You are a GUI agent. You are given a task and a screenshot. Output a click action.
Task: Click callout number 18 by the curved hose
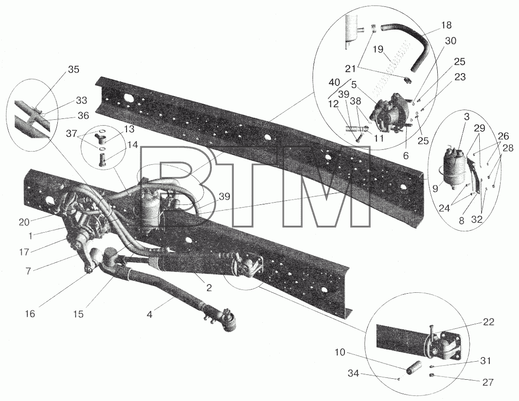(446, 25)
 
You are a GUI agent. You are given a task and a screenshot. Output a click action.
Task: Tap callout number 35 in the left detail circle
(73, 70)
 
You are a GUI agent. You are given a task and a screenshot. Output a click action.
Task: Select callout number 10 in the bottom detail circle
(340, 352)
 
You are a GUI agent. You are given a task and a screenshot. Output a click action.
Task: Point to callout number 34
(353, 374)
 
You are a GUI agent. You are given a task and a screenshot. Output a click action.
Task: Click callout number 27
(488, 382)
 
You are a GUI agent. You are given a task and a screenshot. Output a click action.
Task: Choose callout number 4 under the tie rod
(150, 315)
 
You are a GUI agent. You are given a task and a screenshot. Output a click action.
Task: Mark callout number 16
(30, 314)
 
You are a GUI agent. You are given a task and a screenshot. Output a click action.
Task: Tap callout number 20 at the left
(24, 222)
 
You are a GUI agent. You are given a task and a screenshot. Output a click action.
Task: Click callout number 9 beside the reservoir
(435, 188)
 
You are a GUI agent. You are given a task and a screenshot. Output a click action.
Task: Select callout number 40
(334, 81)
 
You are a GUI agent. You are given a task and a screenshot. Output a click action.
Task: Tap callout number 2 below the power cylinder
(209, 288)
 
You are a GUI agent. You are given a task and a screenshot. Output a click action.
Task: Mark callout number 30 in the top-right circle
(451, 41)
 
